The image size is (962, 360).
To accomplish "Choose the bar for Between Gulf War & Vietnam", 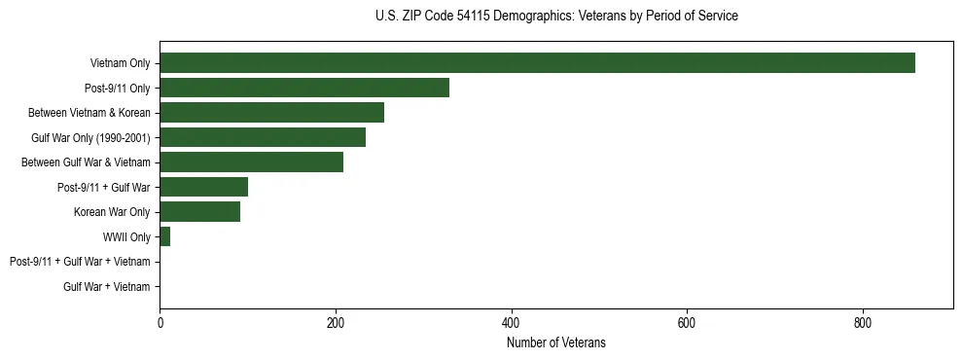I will click(251, 162).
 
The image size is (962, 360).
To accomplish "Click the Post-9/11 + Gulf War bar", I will click(203, 187).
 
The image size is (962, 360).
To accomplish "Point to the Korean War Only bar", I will click(199, 212).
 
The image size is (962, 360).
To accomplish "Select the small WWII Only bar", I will click(164, 236).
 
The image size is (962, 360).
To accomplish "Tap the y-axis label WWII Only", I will click(126, 236).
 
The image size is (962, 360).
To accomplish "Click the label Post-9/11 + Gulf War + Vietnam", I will click(80, 262).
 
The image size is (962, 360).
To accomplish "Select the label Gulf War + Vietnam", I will click(107, 287).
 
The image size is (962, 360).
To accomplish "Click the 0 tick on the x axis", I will click(160, 324).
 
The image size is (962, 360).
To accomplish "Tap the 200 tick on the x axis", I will click(336, 324).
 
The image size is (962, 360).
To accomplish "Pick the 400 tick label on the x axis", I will click(511, 324).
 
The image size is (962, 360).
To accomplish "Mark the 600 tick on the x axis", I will click(687, 324).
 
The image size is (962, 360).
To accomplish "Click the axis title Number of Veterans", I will click(556, 342).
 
